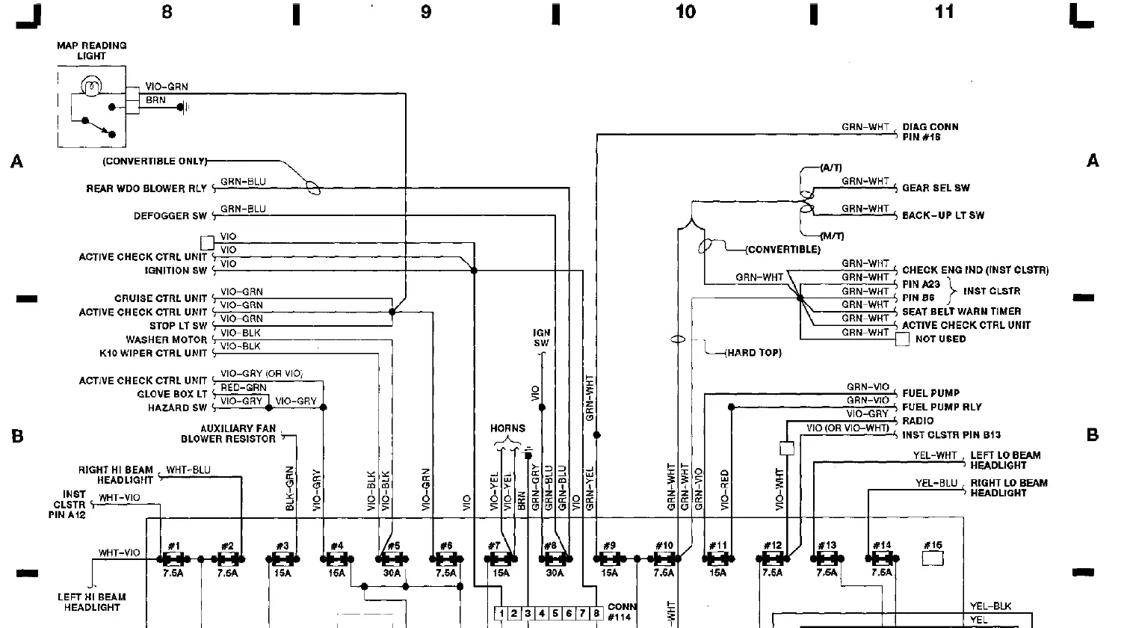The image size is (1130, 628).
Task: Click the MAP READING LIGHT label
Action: pyautogui.click(x=92, y=50)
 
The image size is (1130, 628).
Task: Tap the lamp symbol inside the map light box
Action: pyautogui.click(x=90, y=87)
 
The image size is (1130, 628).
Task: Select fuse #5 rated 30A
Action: pyautogui.click(x=392, y=558)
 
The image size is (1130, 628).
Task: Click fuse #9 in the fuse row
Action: pyautogui.click(x=609, y=558)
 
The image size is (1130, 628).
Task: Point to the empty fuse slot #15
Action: pyautogui.click(x=933, y=558)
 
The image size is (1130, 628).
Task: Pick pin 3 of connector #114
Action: pyautogui.click(x=528, y=614)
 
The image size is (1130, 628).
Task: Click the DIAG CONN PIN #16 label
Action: pyautogui.click(x=930, y=132)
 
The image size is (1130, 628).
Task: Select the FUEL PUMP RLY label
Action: pyautogui.click(x=942, y=407)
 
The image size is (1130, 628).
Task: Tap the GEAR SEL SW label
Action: pyautogui.click(x=936, y=188)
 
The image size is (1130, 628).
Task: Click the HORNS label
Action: pyautogui.click(x=507, y=429)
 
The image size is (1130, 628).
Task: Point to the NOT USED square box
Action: pyautogui.click(x=903, y=339)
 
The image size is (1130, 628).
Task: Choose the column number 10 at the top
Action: pyautogui.click(x=685, y=12)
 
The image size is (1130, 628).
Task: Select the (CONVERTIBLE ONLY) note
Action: pyautogui.click(x=155, y=161)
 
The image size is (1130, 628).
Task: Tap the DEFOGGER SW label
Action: pyautogui.click(x=170, y=216)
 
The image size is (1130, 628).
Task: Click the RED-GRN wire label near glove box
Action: pyautogui.click(x=244, y=388)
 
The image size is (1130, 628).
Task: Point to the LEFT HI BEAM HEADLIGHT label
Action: pyautogui.click(x=92, y=602)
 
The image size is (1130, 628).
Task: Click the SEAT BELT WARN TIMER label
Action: pyautogui.click(x=961, y=312)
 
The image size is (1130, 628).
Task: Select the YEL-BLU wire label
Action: pyautogui.click(x=936, y=484)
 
